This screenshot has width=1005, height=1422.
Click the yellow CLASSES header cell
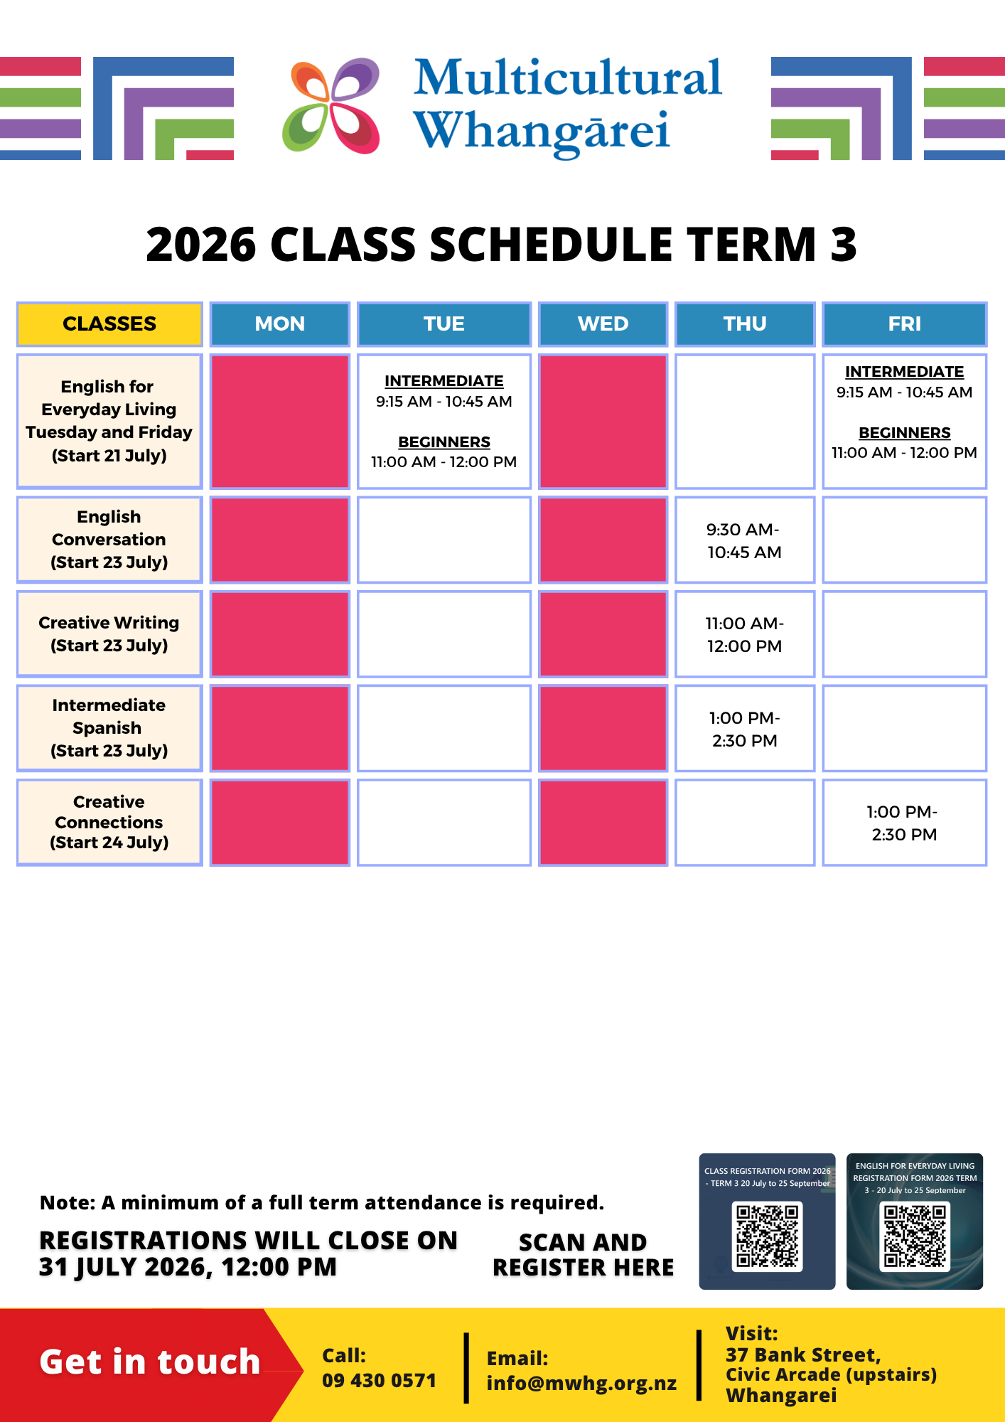click(x=109, y=324)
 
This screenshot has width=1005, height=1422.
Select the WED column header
click(x=603, y=324)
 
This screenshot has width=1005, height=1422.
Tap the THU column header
click(x=745, y=324)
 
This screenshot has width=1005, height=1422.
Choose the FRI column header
click(x=904, y=324)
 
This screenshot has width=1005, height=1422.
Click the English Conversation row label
click(x=109, y=540)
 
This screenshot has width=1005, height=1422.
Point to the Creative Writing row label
click(x=109, y=634)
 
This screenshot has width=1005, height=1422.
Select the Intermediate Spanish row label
click(x=109, y=728)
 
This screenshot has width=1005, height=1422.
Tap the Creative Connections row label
click(x=109, y=823)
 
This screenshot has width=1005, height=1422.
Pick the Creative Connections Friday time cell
click(x=904, y=823)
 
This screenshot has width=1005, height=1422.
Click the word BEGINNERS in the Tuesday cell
click(x=444, y=442)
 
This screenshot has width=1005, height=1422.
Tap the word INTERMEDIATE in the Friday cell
click(x=904, y=372)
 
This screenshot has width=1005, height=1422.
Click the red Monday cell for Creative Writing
click(x=280, y=634)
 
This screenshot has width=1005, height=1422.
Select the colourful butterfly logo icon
click(x=331, y=106)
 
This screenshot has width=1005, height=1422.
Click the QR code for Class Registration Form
click(x=768, y=1236)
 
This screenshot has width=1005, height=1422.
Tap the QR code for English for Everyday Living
click(x=915, y=1236)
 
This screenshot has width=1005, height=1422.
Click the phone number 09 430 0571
click(x=379, y=1381)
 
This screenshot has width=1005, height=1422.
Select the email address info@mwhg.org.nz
click(x=581, y=1384)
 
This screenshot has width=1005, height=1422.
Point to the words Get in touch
click(x=150, y=1362)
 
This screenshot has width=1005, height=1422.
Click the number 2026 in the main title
click(x=201, y=245)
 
